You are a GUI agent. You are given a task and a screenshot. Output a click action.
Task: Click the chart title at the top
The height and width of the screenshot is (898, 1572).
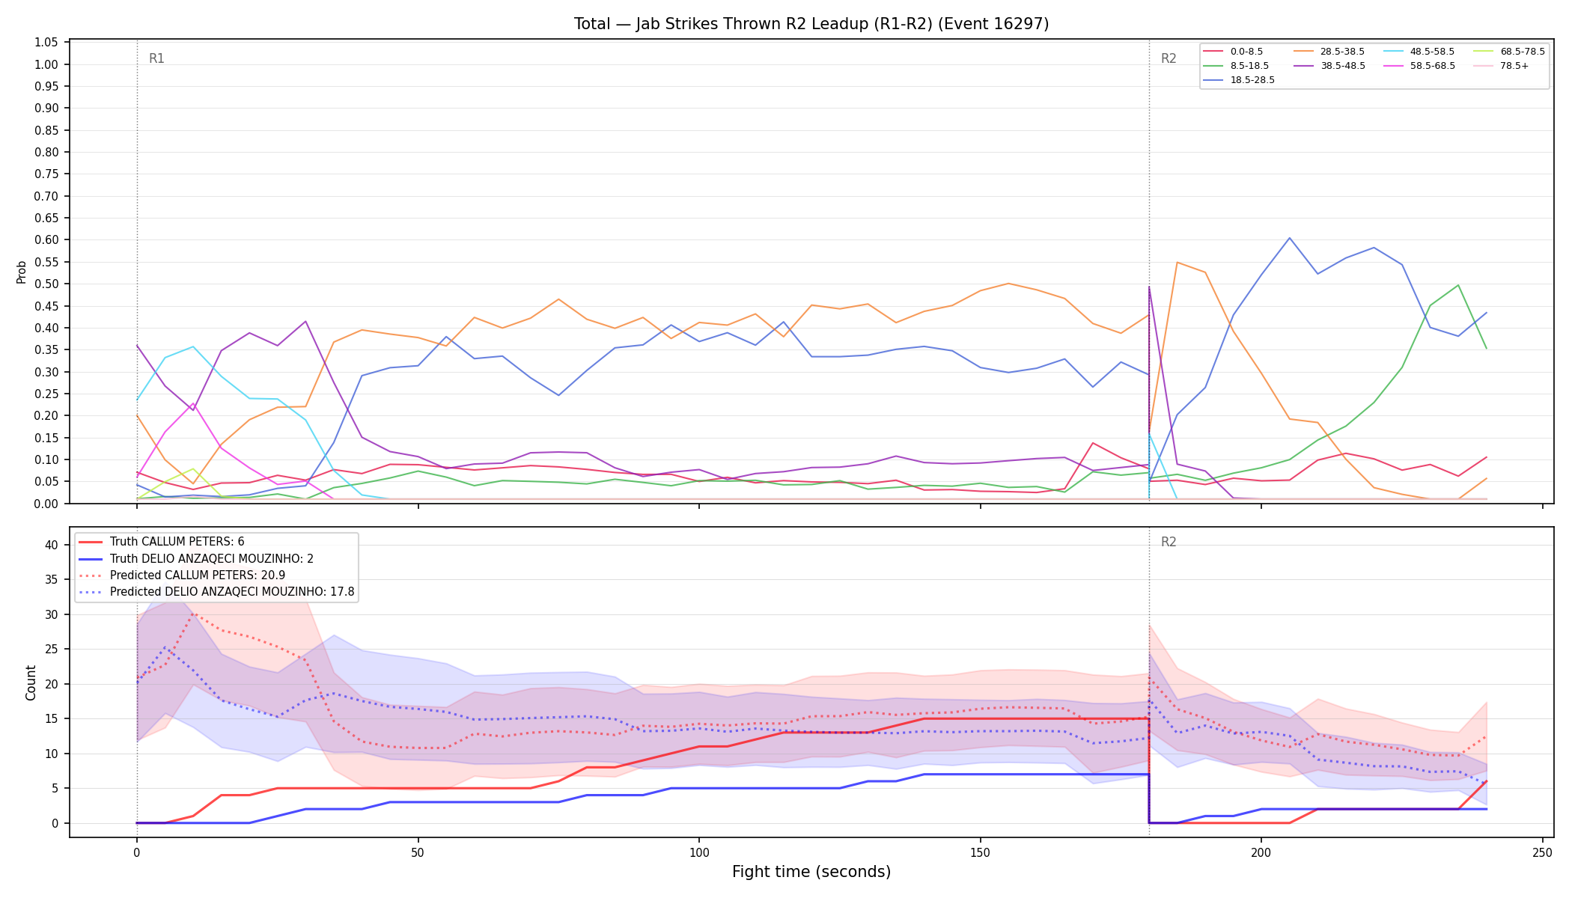(x=811, y=24)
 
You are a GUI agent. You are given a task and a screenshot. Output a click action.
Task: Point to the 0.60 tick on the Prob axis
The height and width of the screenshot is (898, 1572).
(x=46, y=240)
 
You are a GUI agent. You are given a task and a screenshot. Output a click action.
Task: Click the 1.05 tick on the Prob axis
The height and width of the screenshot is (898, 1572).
(x=46, y=43)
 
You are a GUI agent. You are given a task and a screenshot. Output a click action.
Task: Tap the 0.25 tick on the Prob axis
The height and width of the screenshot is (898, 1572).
(x=46, y=394)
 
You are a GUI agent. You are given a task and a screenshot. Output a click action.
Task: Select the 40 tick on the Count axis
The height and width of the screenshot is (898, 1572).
(x=52, y=545)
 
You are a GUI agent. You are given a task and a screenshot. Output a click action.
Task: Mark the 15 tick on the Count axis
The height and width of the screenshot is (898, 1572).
(x=52, y=718)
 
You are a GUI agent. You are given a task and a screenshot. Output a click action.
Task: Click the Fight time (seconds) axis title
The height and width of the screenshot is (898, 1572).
(x=811, y=872)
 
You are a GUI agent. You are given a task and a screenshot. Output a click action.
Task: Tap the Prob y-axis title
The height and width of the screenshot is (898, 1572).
(x=22, y=272)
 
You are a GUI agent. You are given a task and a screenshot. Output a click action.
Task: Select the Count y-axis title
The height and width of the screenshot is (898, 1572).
(x=31, y=682)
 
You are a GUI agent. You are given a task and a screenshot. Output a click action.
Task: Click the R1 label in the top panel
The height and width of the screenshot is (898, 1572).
(x=156, y=58)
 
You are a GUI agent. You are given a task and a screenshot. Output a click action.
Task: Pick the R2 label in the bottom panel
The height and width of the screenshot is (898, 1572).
(x=1169, y=542)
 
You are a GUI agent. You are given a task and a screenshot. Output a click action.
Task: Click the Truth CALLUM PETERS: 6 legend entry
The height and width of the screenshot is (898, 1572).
(x=177, y=542)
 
